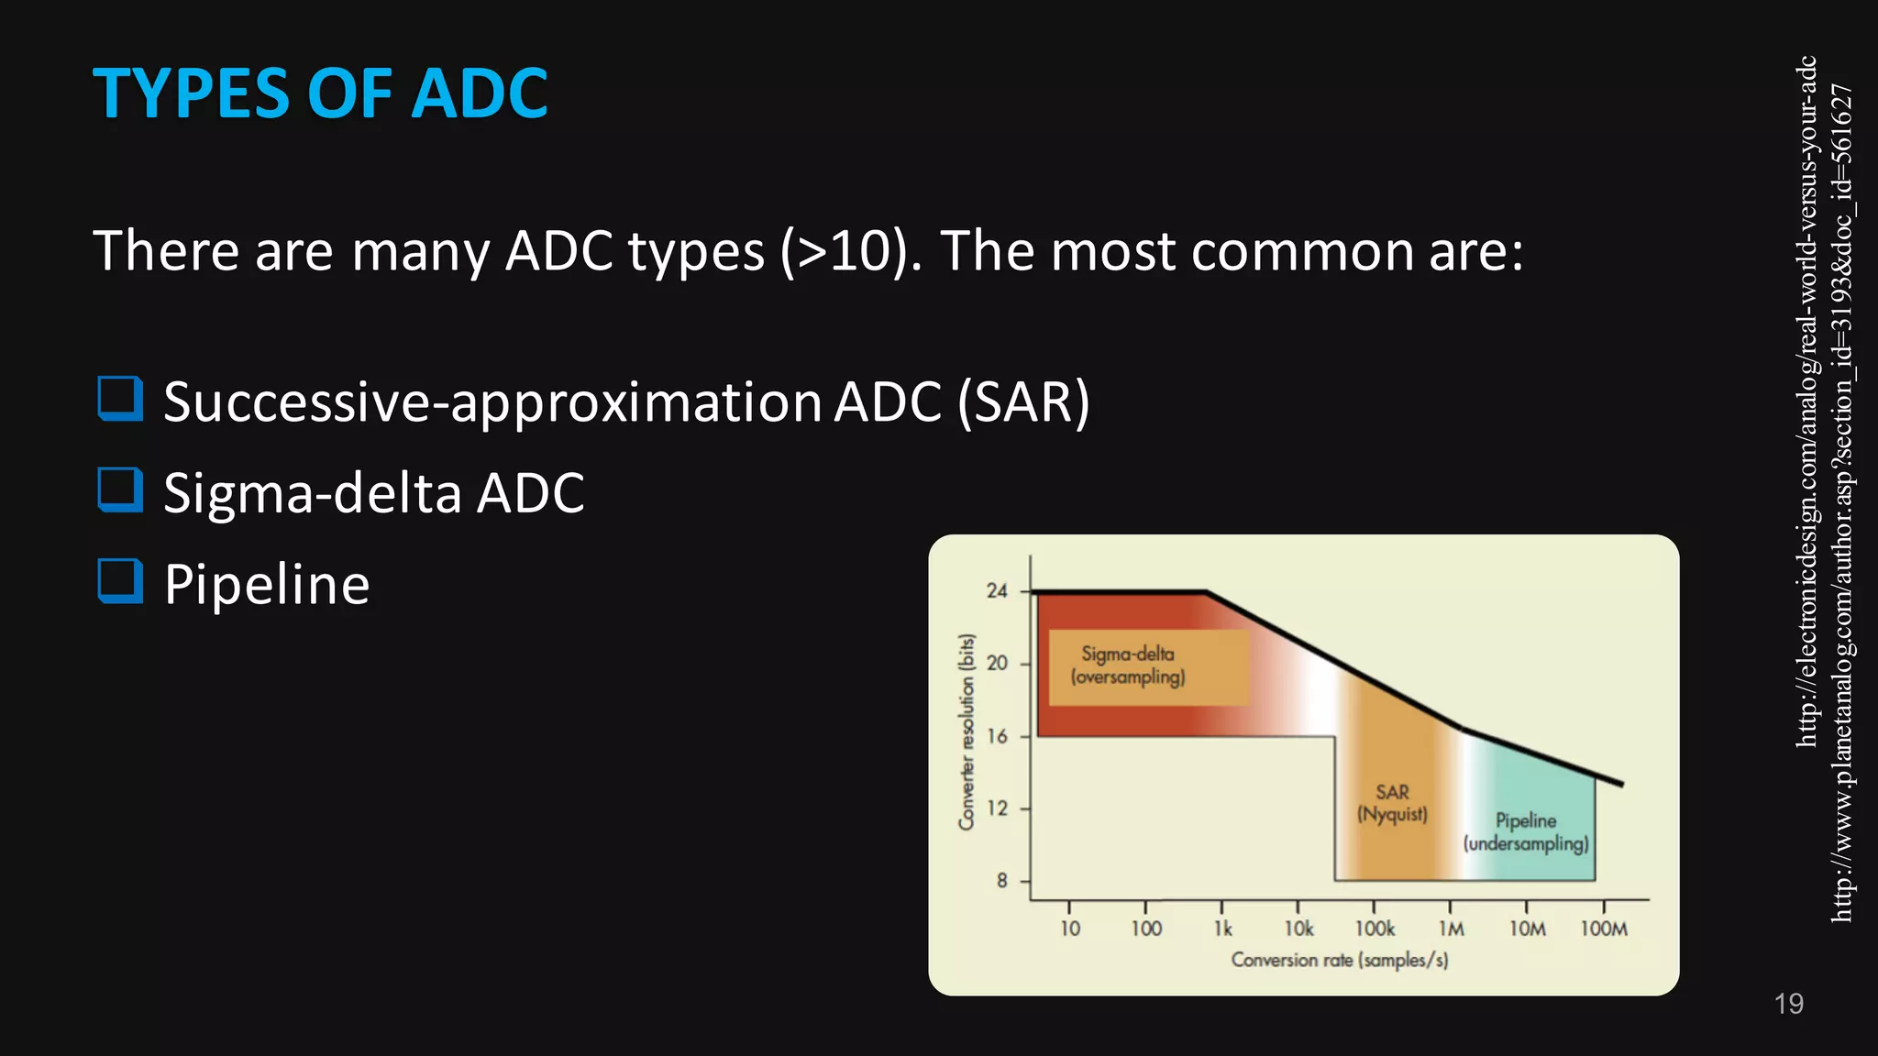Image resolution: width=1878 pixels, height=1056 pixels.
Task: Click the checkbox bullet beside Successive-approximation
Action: coord(120,399)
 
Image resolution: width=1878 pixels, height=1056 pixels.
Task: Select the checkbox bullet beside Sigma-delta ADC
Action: coord(120,489)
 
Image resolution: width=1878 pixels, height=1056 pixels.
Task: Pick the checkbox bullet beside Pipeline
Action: coord(120,581)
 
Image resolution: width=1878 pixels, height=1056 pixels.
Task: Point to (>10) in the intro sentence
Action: coord(850,250)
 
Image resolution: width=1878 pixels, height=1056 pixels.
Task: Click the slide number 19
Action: coord(1788,1004)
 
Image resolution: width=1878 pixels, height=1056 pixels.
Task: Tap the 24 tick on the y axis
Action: coord(997,591)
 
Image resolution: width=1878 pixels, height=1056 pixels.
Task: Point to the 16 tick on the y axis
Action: coord(997,736)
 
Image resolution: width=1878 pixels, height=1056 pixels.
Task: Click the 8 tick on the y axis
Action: coord(1001,881)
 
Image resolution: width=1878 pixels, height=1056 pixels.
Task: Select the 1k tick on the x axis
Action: coord(1222,929)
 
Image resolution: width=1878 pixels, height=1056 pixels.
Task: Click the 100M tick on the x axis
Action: coord(1604,929)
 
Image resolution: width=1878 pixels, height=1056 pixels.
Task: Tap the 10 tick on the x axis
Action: coord(1070,929)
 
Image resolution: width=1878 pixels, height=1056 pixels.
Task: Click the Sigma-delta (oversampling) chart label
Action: coord(1128,665)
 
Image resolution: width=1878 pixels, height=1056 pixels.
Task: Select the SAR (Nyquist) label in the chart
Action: coord(1392,803)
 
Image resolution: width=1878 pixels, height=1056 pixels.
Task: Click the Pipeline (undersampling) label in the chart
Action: coord(1526,831)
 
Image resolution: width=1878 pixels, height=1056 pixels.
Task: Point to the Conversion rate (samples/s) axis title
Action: coord(1339,960)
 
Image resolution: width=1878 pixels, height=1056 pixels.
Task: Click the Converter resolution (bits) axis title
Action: coord(966,731)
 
